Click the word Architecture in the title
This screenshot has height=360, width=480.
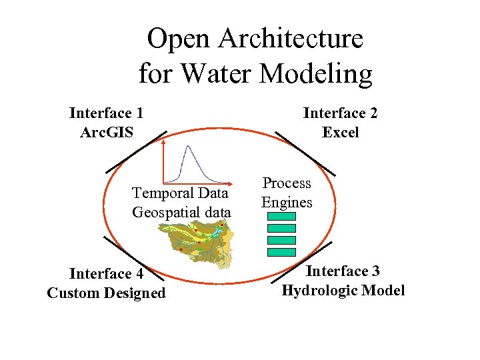(293, 39)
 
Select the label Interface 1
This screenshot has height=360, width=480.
(106, 113)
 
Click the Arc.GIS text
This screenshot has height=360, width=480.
(106, 132)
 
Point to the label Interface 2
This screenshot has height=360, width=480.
(340, 113)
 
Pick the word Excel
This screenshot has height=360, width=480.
(340, 132)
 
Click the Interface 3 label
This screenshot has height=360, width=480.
(343, 271)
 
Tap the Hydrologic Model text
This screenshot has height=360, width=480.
(343, 290)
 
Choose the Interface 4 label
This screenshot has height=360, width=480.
(106, 274)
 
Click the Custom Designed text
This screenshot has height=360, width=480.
(106, 293)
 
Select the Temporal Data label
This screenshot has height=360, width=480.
(180, 193)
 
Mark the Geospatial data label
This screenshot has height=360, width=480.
(181, 212)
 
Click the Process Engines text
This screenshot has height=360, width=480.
(287, 192)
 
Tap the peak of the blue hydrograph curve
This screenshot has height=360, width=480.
(189, 147)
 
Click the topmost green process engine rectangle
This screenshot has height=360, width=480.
(281, 217)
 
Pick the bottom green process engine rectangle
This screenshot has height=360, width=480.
(281, 252)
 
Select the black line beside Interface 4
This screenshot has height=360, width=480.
(129, 256)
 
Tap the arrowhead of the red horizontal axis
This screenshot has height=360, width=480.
(227, 182)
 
